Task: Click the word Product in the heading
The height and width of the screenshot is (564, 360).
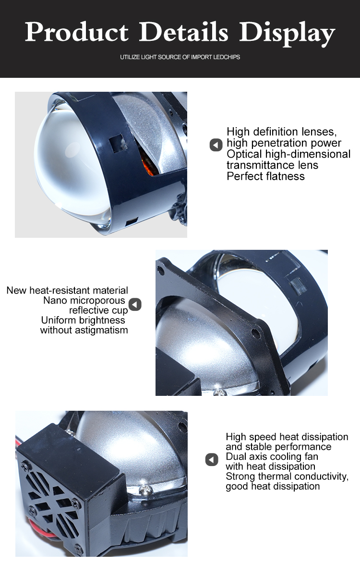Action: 76,32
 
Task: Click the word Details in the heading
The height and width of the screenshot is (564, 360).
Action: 183,32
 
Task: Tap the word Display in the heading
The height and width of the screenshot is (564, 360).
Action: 287,34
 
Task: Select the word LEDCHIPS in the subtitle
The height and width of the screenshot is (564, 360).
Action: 227,57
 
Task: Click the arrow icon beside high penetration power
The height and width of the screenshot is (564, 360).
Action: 216,145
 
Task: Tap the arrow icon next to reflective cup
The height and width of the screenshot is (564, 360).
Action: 135,304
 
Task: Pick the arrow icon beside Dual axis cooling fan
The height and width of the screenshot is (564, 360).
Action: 212,459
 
